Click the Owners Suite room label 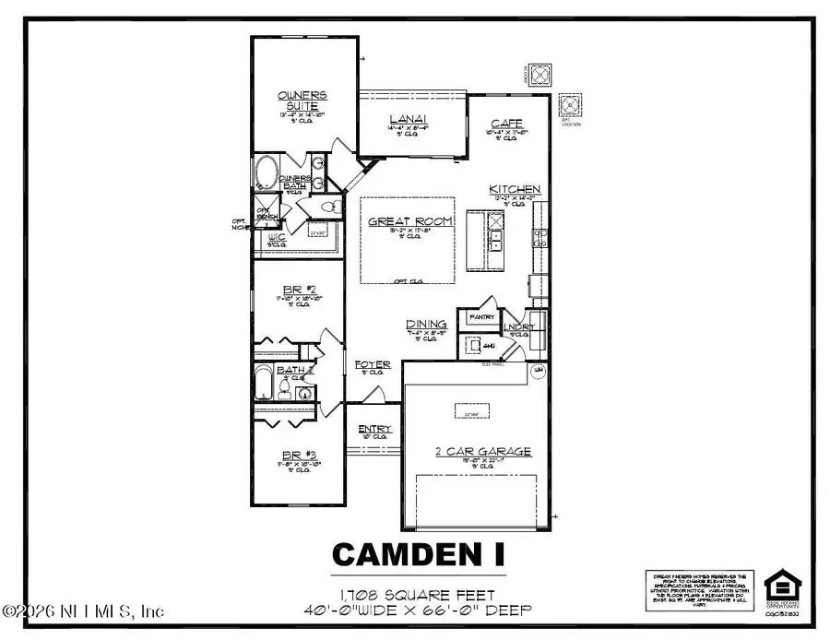click(x=302, y=101)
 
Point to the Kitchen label click(x=515, y=189)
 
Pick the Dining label click(x=427, y=324)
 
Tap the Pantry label click(x=482, y=317)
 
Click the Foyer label click(x=372, y=365)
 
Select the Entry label click(x=375, y=429)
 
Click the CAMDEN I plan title click(x=418, y=553)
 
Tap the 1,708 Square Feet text click(x=418, y=595)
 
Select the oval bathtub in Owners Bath click(x=267, y=172)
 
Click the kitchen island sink click(x=495, y=241)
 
